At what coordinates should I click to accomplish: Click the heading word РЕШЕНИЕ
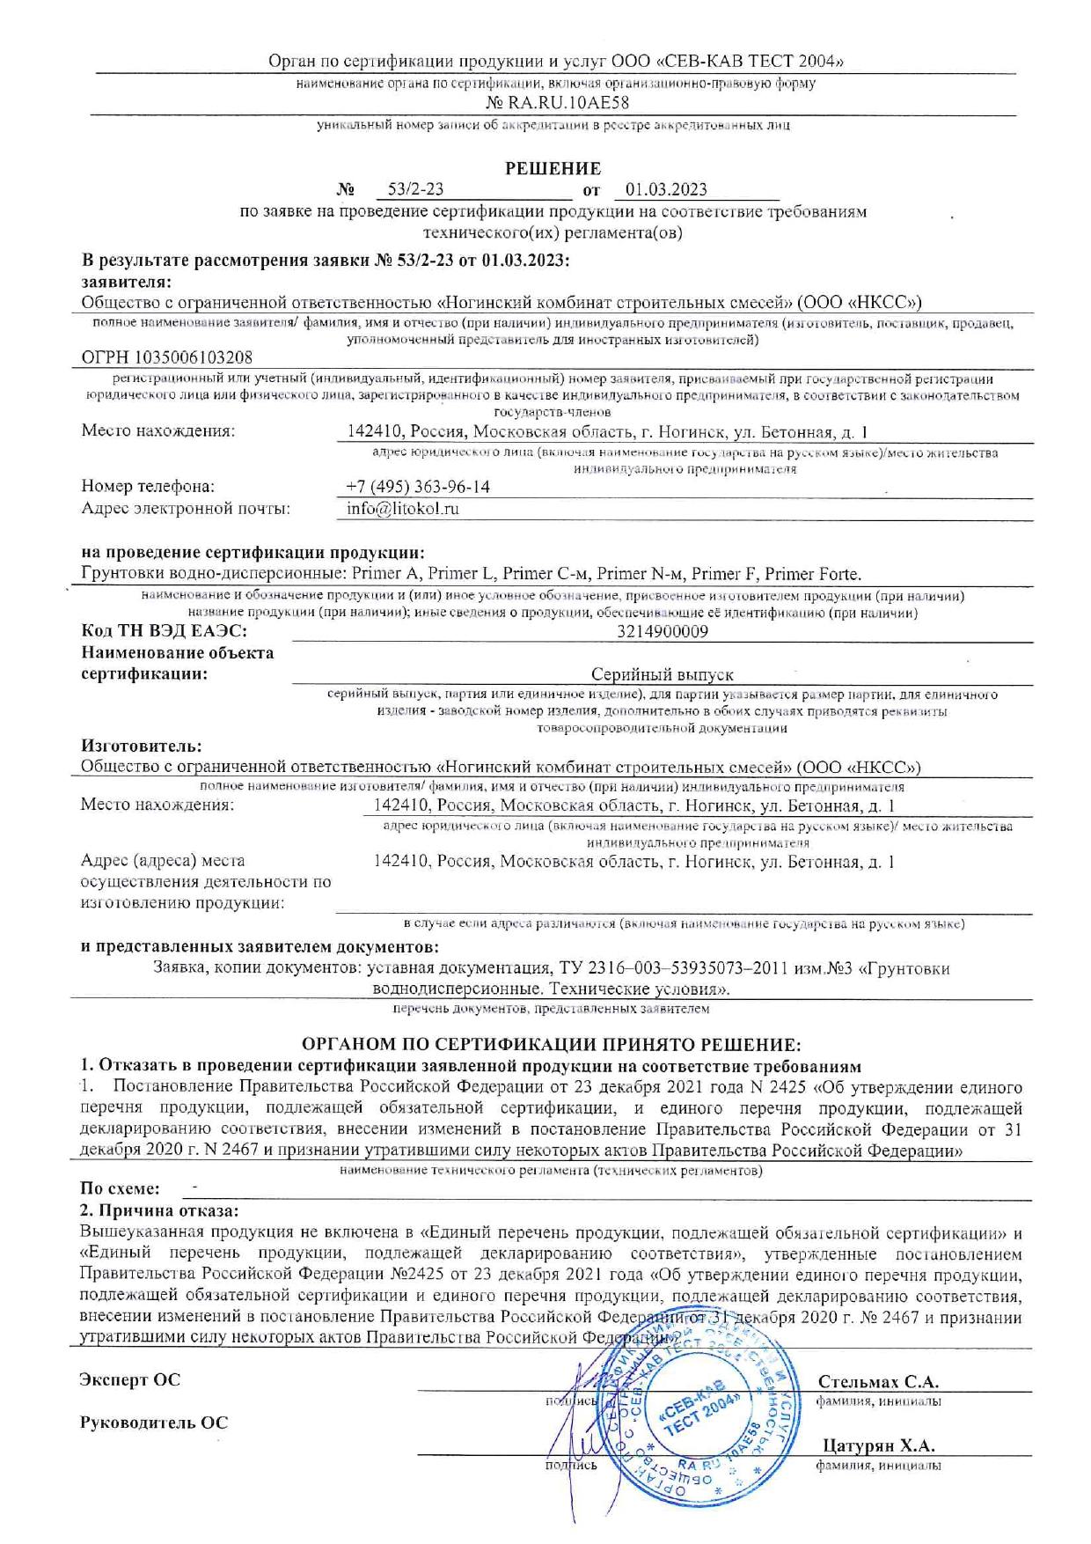553,168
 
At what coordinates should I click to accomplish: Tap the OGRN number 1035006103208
166,357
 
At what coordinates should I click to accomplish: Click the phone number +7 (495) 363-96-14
418,487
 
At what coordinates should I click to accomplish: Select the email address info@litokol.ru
403,509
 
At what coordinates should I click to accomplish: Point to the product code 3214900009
663,631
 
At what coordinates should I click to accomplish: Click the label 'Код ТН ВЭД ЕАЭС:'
164,631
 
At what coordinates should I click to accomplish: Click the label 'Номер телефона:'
148,487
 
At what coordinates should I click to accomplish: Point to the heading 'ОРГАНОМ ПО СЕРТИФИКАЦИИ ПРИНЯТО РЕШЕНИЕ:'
552,1044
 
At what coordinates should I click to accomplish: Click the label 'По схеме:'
121,1188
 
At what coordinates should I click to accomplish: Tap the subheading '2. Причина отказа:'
159,1209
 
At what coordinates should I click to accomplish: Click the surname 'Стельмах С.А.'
878,1381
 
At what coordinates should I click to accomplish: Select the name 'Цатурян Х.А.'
878,1446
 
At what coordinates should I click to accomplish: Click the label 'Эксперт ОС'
130,1379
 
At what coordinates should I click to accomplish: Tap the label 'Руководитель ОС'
154,1423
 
